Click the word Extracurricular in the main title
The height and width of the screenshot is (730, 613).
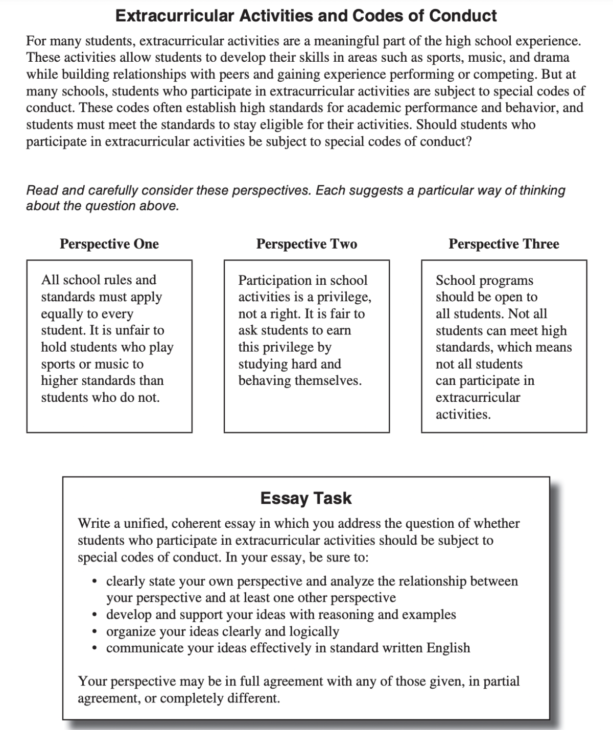(x=177, y=16)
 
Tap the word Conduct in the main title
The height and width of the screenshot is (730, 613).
(x=462, y=16)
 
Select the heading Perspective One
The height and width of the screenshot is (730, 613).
(x=109, y=244)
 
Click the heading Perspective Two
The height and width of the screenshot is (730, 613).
(x=306, y=244)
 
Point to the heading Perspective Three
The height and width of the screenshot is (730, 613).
(x=504, y=244)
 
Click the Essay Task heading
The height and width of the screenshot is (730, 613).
(x=306, y=498)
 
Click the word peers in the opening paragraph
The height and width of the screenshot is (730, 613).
(x=234, y=74)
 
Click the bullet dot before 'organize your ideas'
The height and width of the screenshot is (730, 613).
(x=95, y=631)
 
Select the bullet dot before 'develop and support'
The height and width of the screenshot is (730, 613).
(x=95, y=615)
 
